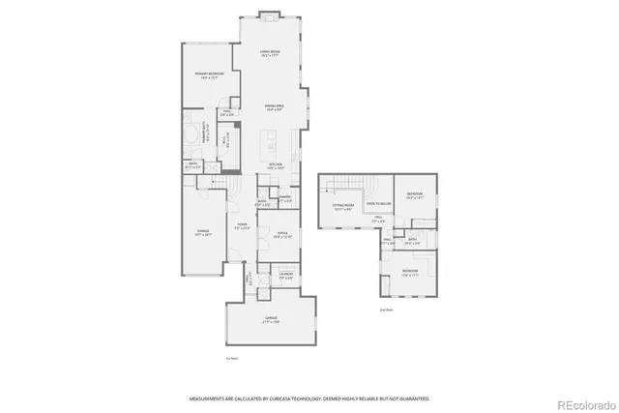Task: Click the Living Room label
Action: click(270, 54)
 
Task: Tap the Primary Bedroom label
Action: click(210, 74)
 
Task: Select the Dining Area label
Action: click(275, 106)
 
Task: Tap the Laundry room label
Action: click(285, 276)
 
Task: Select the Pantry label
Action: click(285, 200)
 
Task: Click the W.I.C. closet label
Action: click(224, 141)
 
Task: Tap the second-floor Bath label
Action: click(411, 239)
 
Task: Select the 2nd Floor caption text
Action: click(385, 310)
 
